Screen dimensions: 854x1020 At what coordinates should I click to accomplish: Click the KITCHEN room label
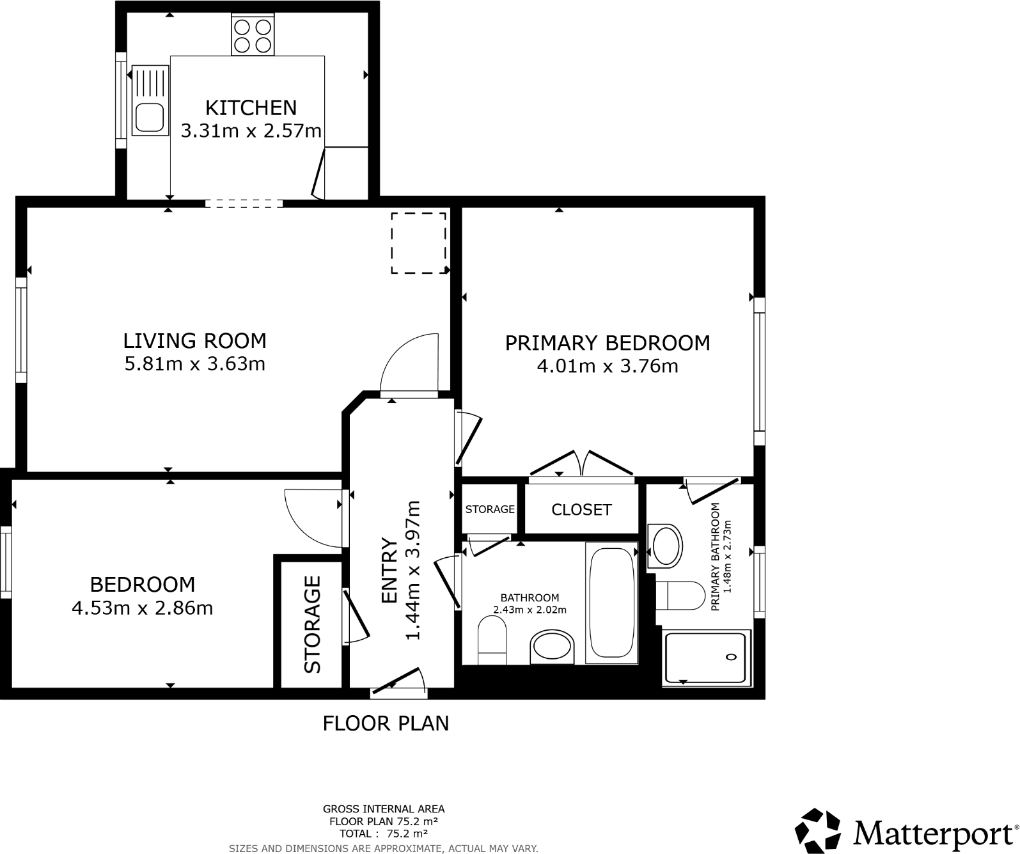pos(251,107)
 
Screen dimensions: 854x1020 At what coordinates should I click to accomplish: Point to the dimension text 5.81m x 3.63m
pos(194,364)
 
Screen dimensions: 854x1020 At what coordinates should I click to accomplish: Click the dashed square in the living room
pos(418,243)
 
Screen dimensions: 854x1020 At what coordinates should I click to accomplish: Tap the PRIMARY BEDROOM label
pos(607,343)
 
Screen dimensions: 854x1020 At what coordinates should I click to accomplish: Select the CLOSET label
pos(581,509)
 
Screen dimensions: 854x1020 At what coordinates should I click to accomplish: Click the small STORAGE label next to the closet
pos(490,509)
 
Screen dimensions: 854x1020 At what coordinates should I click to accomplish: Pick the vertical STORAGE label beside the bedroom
pos(312,624)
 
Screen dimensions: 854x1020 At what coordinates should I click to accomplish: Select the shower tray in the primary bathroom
pos(705,658)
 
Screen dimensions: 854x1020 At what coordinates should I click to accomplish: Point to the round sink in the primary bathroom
pos(666,546)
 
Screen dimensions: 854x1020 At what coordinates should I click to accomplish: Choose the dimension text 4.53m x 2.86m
pos(142,608)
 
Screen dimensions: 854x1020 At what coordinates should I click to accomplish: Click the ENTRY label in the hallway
pos(389,570)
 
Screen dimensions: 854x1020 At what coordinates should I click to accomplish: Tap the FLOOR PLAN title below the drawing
pos(386,724)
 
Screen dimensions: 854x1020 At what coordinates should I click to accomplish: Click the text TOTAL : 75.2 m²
pos(384,834)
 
